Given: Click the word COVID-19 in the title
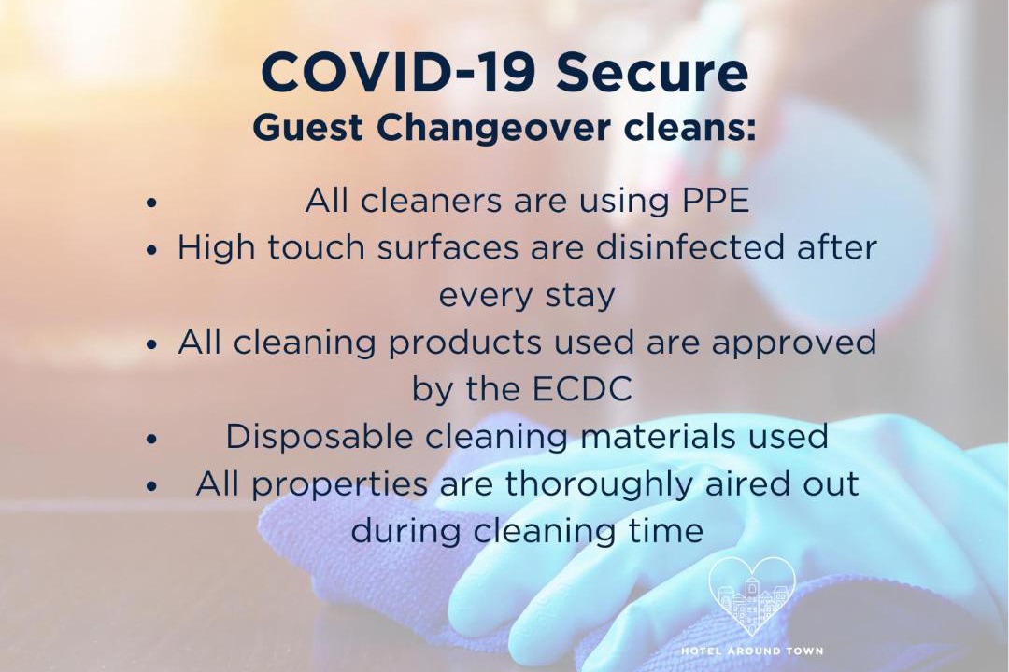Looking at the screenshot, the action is pyautogui.click(x=398, y=72).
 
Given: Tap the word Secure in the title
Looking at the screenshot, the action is pyautogui.click(x=652, y=72).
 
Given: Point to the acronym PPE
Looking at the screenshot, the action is pyautogui.click(x=716, y=200).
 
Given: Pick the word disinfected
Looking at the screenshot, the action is pyautogui.click(x=689, y=247).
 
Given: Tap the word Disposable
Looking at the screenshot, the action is pyautogui.click(x=319, y=437).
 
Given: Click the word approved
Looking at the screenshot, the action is pyautogui.click(x=793, y=343).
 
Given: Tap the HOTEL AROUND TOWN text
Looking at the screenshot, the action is pyautogui.click(x=752, y=651).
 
